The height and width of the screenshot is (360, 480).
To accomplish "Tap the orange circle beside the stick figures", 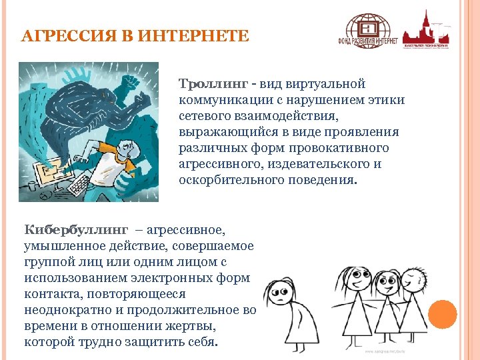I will click(442, 314).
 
